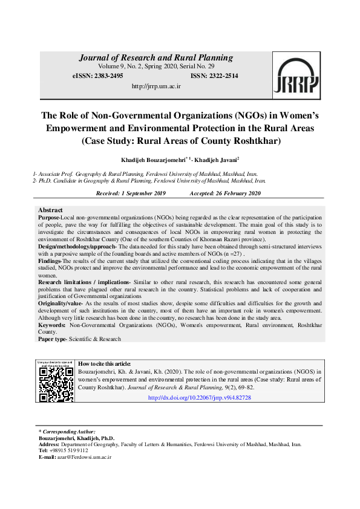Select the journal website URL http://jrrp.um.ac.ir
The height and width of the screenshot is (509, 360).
pyautogui.click(x=156, y=86)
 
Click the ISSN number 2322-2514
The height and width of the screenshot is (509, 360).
pyautogui.click(x=221, y=76)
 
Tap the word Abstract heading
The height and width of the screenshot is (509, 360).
pyautogui.click(x=51, y=210)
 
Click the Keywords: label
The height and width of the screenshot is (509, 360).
pyautogui.click(x=51, y=325)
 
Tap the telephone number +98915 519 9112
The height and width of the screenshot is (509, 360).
pyautogui.click(x=70, y=450)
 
